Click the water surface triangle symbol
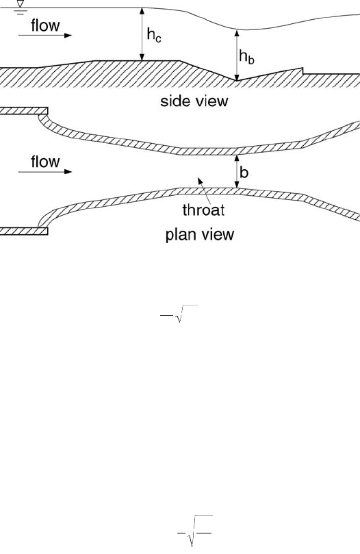point(21,4)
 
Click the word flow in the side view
point(45,25)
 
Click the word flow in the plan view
point(45,162)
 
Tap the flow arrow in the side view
point(45,36)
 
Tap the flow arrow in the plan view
point(45,172)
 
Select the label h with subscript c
point(154,35)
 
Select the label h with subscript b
point(246,57)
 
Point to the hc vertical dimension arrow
point(142,34)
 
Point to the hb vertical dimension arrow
point(237,55)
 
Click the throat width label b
point(244,172)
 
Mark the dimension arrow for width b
point(237,172)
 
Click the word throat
point(203,210)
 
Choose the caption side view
point(194,101)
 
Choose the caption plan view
point(200,235)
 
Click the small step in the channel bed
point(303,71)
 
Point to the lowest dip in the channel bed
point(236,81)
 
